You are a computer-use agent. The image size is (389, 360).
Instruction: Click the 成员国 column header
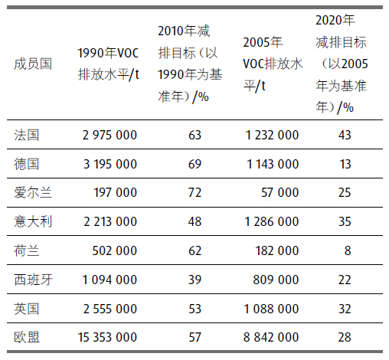click(33, 64)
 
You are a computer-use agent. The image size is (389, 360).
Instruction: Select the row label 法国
click(27, 135)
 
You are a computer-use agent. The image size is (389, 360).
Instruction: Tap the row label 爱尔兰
click(33, 192)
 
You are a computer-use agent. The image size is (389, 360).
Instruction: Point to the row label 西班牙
click(33, 280)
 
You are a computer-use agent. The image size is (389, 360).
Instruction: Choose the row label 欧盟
click(27, 337)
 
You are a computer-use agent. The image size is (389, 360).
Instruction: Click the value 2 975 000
click(110, 135)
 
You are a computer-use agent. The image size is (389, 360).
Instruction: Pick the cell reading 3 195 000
click(110, 164)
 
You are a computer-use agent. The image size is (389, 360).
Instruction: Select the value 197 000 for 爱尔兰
click(116, 192)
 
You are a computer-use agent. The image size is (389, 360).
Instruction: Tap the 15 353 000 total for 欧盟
click(107, 337)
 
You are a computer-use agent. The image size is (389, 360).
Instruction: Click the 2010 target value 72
click(194, 192)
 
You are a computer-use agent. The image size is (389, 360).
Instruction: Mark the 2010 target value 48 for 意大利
click(194, 221)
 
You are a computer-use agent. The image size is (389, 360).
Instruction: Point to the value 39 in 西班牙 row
click(194, 280)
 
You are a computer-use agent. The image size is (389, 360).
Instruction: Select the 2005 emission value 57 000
click(279, 192)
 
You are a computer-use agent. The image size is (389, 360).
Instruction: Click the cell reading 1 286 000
click(272, 221)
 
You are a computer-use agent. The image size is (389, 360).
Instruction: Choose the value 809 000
click(276, 280)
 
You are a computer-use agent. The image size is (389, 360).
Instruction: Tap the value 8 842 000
click(271, 337)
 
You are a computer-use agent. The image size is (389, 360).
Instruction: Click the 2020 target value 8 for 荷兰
click(348, 250)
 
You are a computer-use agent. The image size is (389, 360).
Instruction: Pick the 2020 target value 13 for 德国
click(345, 164)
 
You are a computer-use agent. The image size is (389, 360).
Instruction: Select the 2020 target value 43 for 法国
click(345, 135)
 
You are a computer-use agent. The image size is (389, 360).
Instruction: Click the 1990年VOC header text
click(108, 53)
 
